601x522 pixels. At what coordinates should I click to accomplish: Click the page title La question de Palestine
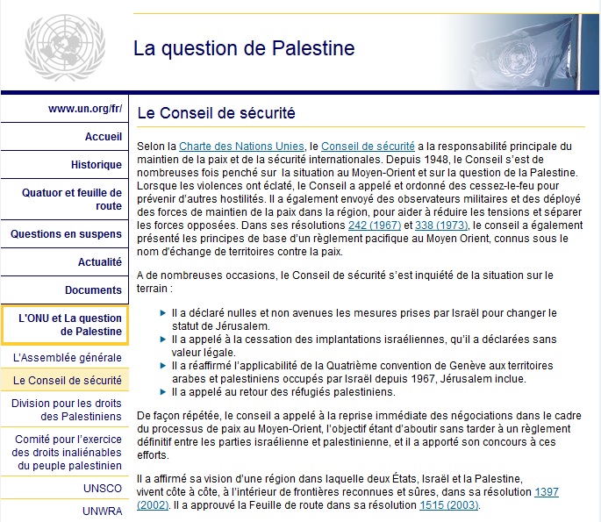point(244,48)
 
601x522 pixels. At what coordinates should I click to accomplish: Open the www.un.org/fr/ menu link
point(85,110)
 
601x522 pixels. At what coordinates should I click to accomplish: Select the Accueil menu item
point(104,137)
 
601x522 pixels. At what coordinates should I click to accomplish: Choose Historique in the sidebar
point(97,164)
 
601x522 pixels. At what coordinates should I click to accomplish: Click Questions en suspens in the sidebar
point(67,234)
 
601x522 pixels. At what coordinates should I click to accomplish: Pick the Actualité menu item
point(100,261)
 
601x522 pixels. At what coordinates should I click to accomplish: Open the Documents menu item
point(93,290)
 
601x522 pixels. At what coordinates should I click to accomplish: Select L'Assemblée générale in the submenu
point(68,358)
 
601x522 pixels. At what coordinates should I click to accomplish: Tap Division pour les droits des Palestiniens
point(67,410)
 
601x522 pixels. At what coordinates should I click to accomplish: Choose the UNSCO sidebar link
point(103,488)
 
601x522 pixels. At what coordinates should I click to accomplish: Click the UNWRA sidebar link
point(102,510)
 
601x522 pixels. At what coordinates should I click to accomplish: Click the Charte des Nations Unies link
point(241,145)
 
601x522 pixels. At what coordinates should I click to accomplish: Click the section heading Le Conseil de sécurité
point(216,113)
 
